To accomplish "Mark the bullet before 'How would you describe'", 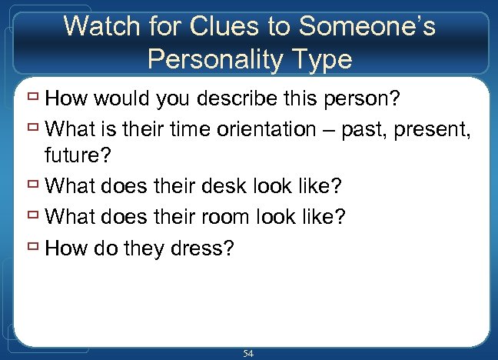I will (x=33, y=98).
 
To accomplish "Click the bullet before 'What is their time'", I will (x=33, y=128).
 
